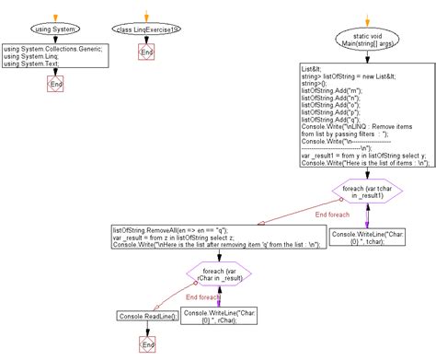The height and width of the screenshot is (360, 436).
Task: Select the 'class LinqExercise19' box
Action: tap(145, 29)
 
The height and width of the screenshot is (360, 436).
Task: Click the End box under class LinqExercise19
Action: tap(145, 53)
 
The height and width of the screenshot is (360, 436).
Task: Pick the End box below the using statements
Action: tap(54, 86)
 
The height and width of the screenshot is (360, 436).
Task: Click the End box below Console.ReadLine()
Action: tap(146, 343)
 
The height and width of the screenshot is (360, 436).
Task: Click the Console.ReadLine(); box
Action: tap(147, 316)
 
